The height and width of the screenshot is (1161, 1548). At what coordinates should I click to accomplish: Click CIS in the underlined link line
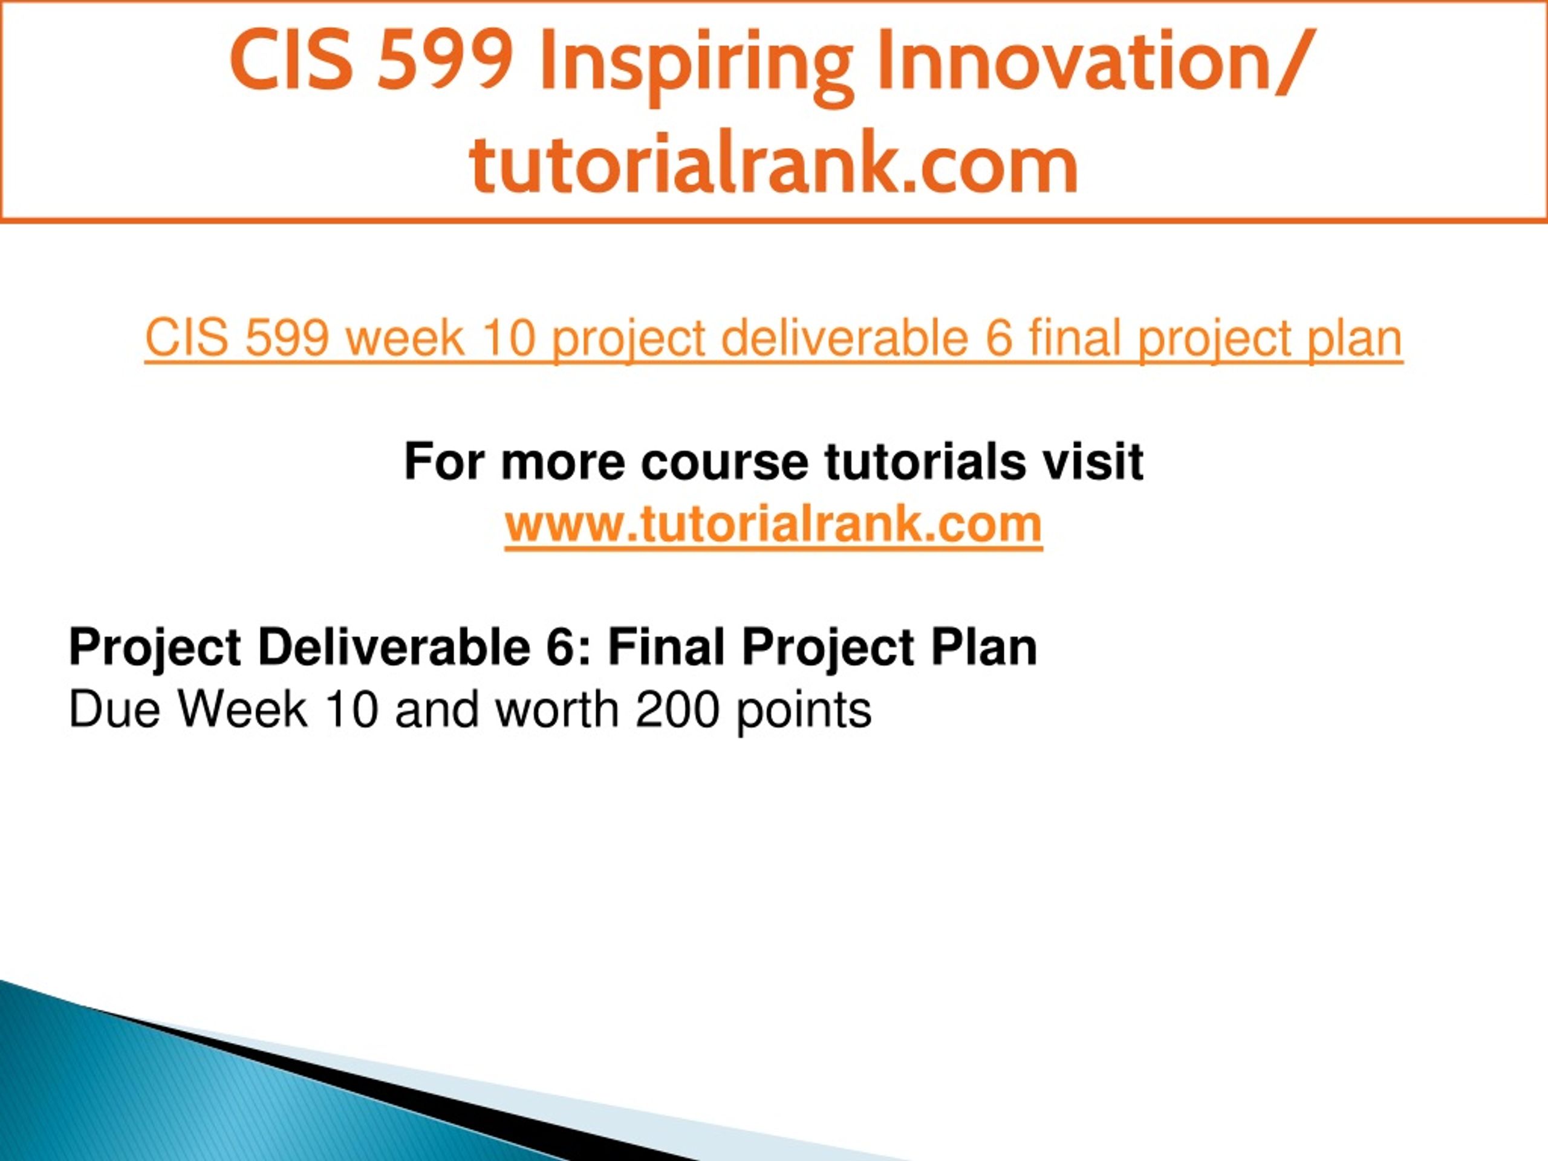click(187, 337)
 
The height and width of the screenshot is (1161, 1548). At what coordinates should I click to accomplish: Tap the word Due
click(115, 709)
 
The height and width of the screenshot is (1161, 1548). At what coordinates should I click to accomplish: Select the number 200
click(677, 709)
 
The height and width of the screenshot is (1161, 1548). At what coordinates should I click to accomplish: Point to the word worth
click(557, 709)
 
